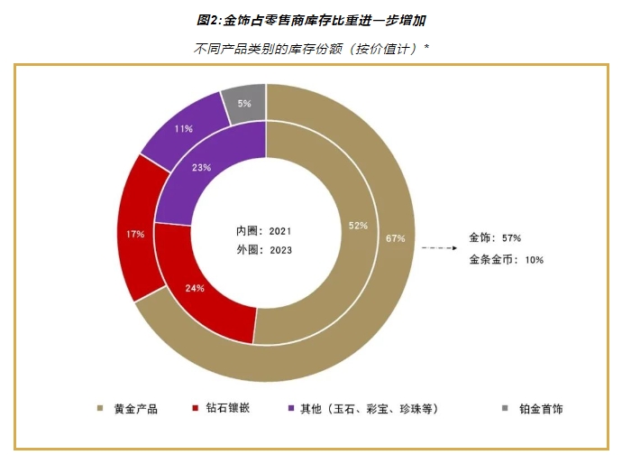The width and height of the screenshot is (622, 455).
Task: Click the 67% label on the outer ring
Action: coord(394,238)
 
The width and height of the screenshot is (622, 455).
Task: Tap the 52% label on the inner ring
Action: coord(358,225)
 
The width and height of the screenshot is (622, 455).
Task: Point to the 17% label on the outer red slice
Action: coord(136,235)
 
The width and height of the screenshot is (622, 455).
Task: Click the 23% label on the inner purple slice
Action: coord(203,166)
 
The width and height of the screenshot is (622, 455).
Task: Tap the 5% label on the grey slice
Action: coord(244,104)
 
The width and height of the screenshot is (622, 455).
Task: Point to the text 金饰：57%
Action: coord(496,237)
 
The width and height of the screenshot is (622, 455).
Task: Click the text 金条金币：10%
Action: coord(507,260)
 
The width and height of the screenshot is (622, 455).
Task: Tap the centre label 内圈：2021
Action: coord(264,231)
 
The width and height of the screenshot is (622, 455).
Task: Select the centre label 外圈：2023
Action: coord(264,250)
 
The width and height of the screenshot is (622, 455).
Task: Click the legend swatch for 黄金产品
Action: coord(100,409)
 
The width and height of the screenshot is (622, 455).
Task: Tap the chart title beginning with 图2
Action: coord(311,19)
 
